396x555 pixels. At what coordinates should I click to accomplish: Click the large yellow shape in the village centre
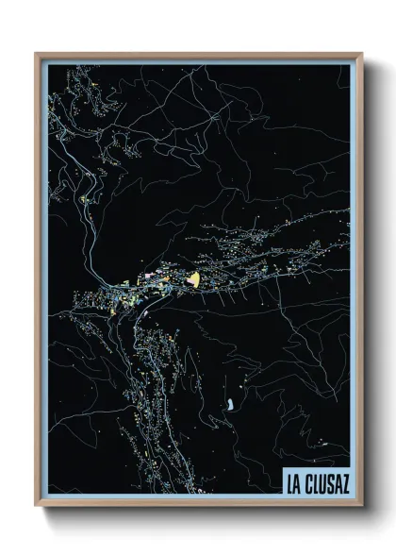[195, 278]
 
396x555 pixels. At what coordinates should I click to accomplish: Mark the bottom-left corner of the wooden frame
[37, 504]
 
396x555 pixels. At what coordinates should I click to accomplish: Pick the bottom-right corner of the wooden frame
[361, 504]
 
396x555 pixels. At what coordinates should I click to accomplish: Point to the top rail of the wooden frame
[199, 55]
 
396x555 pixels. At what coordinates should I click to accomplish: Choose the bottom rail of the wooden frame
[199, 504]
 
